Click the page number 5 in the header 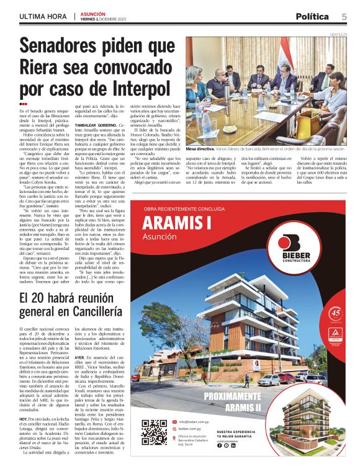coord(344,16)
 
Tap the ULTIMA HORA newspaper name coord(42,16)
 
